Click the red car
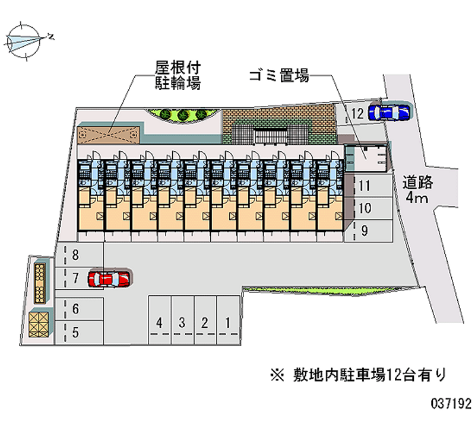pos(110,278)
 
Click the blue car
pos(389,111)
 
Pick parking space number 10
pos(365,208)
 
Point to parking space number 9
pos(365,230)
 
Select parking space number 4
pos(159,323)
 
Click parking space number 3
pos(182,323)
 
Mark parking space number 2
pos(205,323)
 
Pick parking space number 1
pos(227,323)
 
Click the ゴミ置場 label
pos(278,76)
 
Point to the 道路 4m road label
pos(419,189)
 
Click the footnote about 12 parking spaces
pos(356,374)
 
